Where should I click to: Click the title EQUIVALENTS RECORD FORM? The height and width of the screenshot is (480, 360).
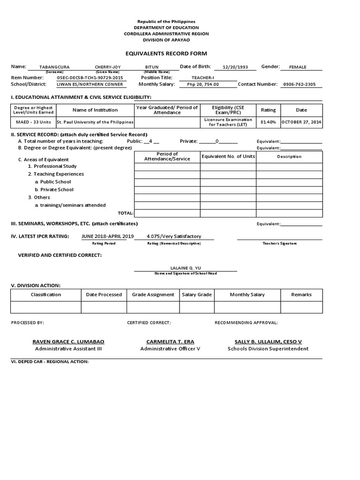pyautogui.click(x=166, y=53)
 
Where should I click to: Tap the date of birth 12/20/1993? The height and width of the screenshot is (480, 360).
pyautogui.click(x=235, y=67)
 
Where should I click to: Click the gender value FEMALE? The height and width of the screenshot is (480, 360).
pyautogui.click(x=298, y=67)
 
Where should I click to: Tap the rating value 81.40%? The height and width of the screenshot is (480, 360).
pyautogui.click(x=268, y=122)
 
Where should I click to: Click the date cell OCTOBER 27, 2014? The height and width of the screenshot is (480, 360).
pyautogui.click(x=301, y=122)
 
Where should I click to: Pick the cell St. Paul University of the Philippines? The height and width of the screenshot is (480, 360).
pyautogui.click(x=95, y=122)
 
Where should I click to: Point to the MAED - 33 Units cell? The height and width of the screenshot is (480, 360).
pyautogui.click(x=33, y=122)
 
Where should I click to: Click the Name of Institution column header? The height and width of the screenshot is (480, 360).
pyautogui.click(x=95, y=110)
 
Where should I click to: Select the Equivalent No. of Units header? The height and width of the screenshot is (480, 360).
pyautogui.click(x=228, y=157)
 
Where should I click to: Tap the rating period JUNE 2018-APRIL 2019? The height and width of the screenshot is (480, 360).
pyautogui.click(x=108, y=236)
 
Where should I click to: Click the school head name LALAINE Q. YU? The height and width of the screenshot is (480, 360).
pyautogui.click(x=185, y=268)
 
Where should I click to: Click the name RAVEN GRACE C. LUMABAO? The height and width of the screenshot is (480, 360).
pyautogui.click(x=68, y=342)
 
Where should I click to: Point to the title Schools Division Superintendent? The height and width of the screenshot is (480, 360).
pyautogui.click(x=268, y=349)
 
